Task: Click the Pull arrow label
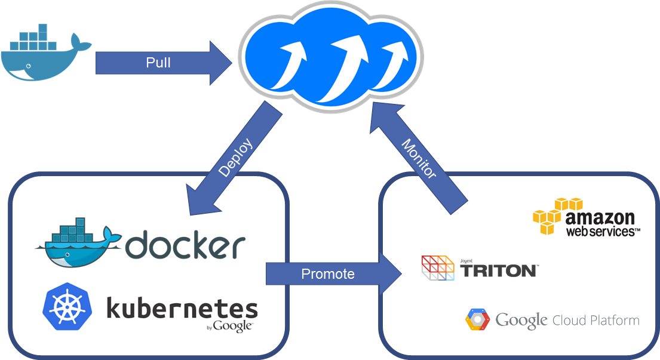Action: click(158, 63)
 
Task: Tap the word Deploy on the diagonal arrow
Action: click(235, 158)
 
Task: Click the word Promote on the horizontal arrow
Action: click(328, 274)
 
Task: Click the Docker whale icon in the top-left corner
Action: click(45, 54)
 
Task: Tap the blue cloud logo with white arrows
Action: click(331, 57)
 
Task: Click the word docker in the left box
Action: click(186, 245)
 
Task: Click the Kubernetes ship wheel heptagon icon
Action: click(67, 307)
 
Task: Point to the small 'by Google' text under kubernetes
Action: click(229, 326)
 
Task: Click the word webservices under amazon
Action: click(602, 231)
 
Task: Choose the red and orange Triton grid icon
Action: click(438, 267)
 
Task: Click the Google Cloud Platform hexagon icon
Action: click(478, 319)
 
